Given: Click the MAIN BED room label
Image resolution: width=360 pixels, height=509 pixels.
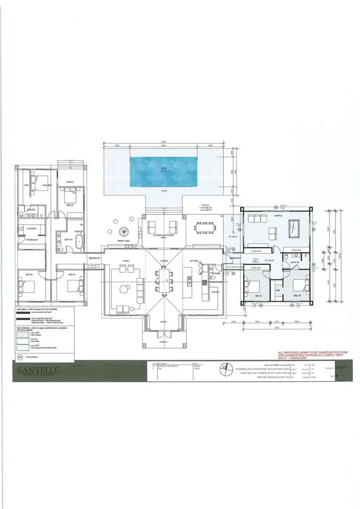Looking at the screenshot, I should (x=47, y=185).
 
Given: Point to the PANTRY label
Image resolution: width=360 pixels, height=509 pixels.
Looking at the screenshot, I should (x=214, y=292).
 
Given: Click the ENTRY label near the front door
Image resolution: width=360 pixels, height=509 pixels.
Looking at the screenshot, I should (x=164, y=322).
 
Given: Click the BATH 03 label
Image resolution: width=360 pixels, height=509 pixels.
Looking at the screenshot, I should (x=296, y=262).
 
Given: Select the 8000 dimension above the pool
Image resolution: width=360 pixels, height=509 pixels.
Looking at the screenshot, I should (x=164, y=146).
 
